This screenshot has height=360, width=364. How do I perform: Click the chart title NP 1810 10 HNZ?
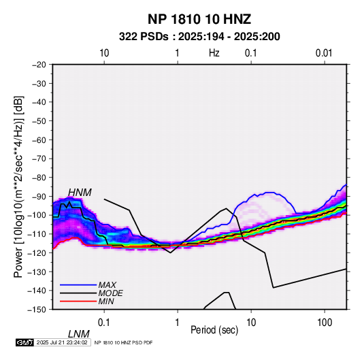(199, 19)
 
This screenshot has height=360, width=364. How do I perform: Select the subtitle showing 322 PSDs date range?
(199, 37)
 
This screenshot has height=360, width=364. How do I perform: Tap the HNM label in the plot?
(80, 193)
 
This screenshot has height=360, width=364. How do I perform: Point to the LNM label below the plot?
(78, 334)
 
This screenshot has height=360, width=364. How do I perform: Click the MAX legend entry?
(107, 284)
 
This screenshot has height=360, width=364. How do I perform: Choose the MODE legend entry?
(110, 293)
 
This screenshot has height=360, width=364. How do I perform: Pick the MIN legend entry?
(106, 301)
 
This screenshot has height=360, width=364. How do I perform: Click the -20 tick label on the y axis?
(39, 65)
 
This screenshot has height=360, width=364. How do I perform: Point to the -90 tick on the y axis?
(39, 197)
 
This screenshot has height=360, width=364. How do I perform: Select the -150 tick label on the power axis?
(37, 310)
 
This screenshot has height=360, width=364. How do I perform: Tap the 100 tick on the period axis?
(325, 323)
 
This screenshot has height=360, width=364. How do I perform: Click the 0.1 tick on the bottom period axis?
(103, 323)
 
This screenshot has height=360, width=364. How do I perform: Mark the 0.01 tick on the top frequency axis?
(324, 53)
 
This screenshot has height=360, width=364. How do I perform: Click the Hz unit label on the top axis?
(214, 53)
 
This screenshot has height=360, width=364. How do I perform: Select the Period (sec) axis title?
(214, 330)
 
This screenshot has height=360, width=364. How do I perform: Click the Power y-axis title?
(18, 186)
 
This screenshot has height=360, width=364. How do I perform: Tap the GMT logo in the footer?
(24, 342)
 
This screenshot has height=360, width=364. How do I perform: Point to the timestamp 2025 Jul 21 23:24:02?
(62, 342)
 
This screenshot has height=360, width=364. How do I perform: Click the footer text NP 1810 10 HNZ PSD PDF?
(123, 342)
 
